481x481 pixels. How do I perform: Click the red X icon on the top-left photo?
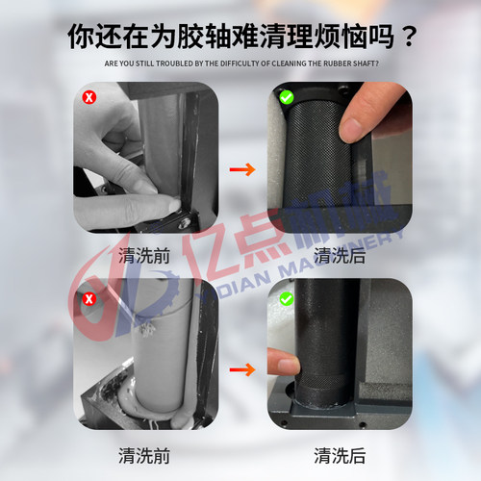tap(89, 97)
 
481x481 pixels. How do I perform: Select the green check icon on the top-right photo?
tap(286, 97)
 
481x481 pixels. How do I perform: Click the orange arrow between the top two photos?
tap(244, 169)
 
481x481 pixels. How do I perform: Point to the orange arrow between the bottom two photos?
tap(244, 368)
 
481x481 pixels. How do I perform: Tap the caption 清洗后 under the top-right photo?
tap(339, 256)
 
